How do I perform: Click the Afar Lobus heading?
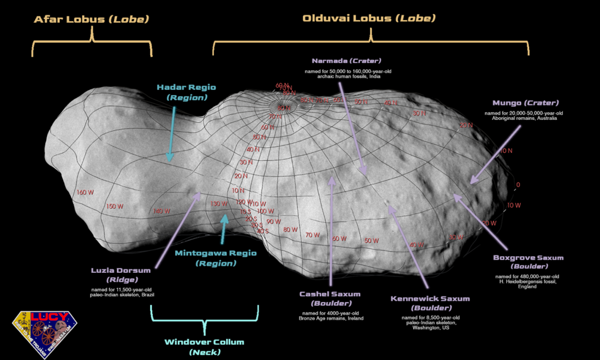tap(91, 19)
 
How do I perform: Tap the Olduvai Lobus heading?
tap(369, 18)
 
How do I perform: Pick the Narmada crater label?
tap(346, 61)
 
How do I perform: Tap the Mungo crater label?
tap(525, 103)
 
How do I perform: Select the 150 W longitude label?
tap(114, 206)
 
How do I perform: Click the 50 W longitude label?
tap(372, 241)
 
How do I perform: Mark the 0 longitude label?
tap(518, 185)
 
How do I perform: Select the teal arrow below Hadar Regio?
tap(171, 134)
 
